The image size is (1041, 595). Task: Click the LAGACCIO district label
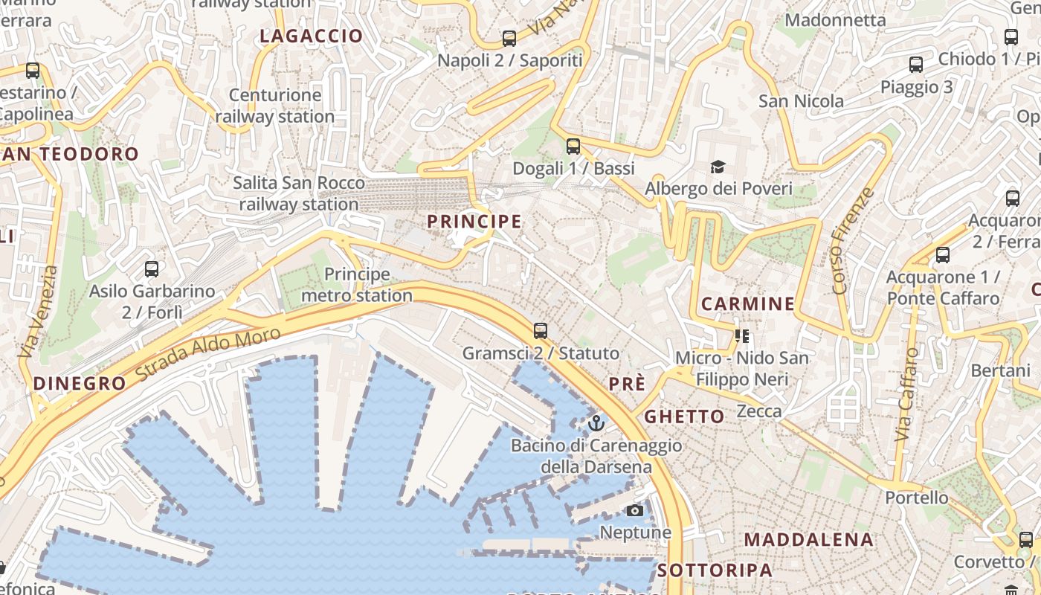[x=312, y=36]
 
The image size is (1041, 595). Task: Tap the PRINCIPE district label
[x=474, y=222]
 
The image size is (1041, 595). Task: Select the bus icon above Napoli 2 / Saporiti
[x=509, y=39]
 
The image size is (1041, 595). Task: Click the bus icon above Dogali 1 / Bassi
[x=573, y=147]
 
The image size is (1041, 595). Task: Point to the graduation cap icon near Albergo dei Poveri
[x=718, y=167]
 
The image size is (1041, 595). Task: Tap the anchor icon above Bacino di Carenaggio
[x=596, y=423]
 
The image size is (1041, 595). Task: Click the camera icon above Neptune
[x=635, y=510]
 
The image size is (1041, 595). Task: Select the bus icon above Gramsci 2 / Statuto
[x=541, y=331]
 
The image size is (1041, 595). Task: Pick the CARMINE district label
[x=748, y=303]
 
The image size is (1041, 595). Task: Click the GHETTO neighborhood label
[x=684, y=416]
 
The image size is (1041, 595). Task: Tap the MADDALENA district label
[x=809, y=539]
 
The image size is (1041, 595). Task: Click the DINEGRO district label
[x=80, y=384]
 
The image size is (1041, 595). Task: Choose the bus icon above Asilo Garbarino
[x=152, y=269]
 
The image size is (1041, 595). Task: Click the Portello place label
[x=917, y=497]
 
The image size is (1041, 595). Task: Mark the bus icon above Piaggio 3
[x=916, y=65]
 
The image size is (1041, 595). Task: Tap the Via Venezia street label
[x=38, y=312]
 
